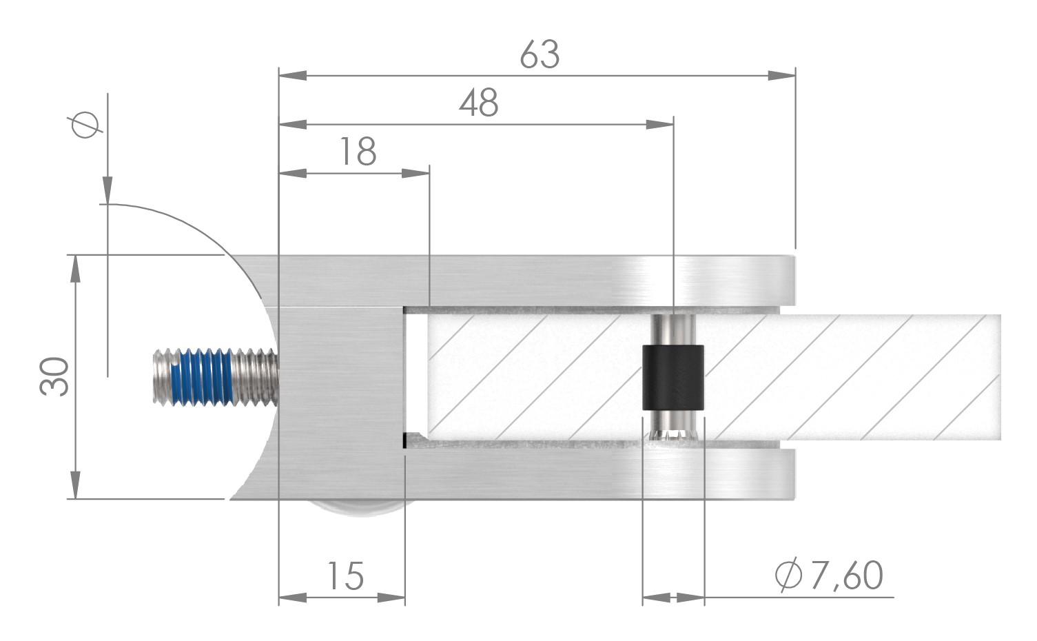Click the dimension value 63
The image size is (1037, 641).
(x=540, y=54)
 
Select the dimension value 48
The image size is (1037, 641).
(x=479, y=104)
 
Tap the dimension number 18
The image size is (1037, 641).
(x=358, y=152)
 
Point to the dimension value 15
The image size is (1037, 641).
(x=345, y=576)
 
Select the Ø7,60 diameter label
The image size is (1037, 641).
(x=829, y=576)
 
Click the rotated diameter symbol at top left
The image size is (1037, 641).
(x=86, y=125)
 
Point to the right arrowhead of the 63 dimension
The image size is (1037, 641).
(x=782, y=75)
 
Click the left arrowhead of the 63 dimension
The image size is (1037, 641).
(x=292, y=75)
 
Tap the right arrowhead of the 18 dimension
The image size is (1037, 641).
(x=415, y=173)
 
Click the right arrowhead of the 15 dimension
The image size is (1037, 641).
(x=391, y=598)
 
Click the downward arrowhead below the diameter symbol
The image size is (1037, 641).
(x=107, y=190)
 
